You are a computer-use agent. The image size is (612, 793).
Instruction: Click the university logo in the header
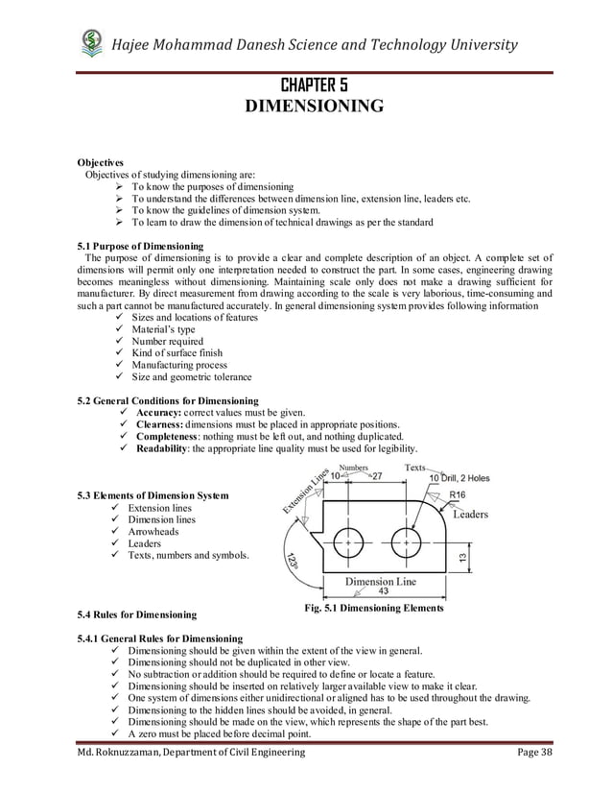pos(91,42)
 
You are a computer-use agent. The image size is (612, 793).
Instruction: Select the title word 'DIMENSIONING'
pos(306,106)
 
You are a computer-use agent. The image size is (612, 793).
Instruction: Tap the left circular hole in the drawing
pos(347,541)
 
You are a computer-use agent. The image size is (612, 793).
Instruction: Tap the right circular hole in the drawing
pos(406,541)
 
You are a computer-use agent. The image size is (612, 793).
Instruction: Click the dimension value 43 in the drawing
pos(382,592)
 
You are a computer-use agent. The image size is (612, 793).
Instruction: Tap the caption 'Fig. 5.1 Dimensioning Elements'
pos(373,609)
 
